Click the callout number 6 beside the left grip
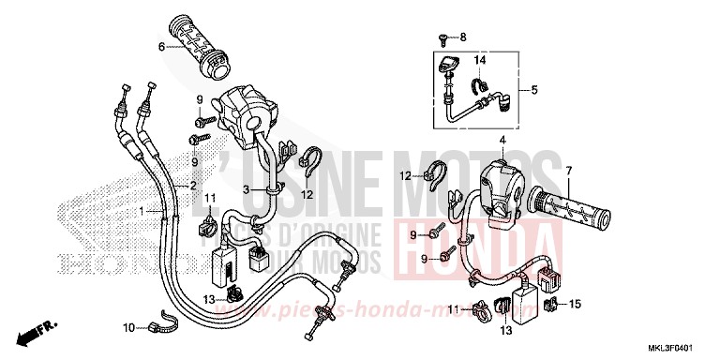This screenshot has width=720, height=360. point(162,46)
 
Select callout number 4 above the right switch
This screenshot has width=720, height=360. point(502,141)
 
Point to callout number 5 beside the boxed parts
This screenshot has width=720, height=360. point(534,91)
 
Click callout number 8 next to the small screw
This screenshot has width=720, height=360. point(462,37)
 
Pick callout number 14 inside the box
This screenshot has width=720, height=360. point(479,61)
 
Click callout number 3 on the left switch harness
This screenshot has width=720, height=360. point(246,189)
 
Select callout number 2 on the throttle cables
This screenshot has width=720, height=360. point(193,186)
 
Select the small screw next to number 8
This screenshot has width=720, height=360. point(442,37)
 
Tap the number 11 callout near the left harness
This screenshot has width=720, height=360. point(209,197)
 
